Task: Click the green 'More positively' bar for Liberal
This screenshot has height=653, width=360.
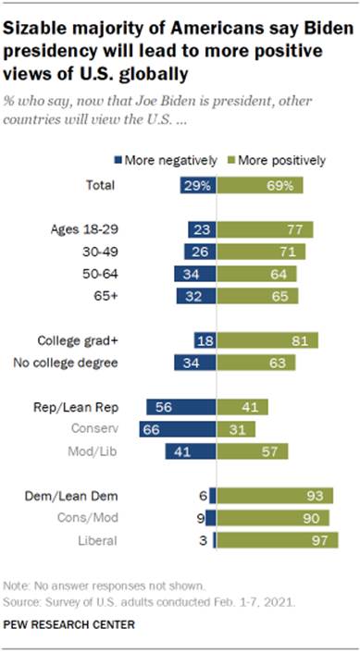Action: coord(276,540)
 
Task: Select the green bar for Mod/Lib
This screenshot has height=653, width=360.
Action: coord(248,451)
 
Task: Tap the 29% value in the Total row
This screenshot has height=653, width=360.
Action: coord(197,186)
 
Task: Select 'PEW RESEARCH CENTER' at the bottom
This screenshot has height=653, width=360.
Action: coord(75,624)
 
